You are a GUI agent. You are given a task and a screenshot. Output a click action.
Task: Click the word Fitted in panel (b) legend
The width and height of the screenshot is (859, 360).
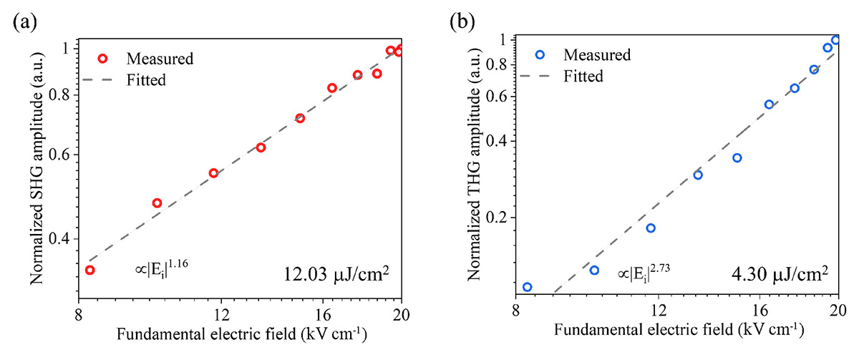pyautogui.click(x=583, y=76)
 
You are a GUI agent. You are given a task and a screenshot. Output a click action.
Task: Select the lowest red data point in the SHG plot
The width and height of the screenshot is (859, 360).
pyautogui.click(x=89, y=270)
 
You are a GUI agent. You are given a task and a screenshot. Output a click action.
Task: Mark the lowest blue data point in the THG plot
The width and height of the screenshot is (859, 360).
pyautogui.click(x=527, y=287)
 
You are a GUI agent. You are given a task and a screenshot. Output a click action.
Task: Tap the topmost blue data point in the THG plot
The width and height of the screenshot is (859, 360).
pyautogui.click(x=835, y=40)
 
